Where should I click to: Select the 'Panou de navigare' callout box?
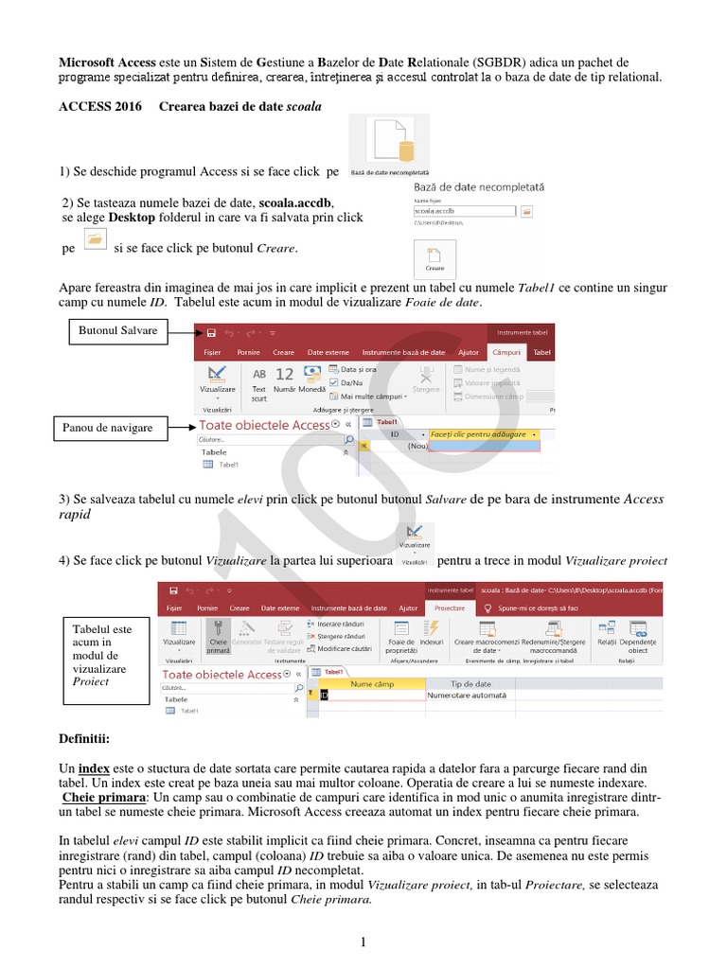(107, 428)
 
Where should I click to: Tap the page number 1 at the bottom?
(362, 942)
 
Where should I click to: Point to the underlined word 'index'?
(94, 767)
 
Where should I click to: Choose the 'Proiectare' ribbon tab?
(451, 608)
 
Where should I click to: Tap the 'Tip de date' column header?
(470, 683)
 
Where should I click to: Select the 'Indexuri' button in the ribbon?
(432, 635)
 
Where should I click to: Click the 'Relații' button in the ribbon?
(606, 635)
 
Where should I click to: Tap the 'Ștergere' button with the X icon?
(427, 378)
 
